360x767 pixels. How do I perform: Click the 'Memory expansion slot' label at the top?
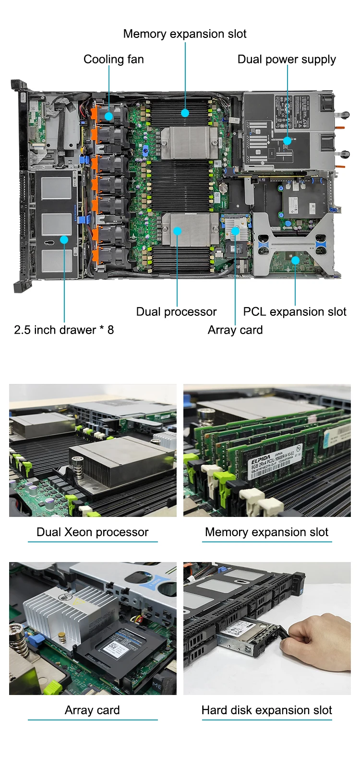pos(184,34)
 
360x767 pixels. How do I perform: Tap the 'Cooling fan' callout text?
pos(114,60)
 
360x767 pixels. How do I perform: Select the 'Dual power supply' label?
pos(287,60)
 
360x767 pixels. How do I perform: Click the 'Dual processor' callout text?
pos(176,312)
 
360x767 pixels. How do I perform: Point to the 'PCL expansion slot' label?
pos(294,312)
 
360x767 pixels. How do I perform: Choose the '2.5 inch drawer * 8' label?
pos(64,330)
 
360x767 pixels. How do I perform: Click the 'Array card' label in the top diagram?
pos(235,330)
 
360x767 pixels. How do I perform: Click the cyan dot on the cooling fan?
pos(109,116)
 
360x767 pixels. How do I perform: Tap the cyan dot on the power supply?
pos(287,141)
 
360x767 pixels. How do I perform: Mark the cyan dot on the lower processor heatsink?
pos(177,231)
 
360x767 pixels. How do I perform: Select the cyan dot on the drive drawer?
pos(64,239)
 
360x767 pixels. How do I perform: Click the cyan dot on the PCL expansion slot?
pos(295,260)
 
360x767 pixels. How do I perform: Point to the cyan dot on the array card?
pos(235,231)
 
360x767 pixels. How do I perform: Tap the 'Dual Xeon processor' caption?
pos(93,532)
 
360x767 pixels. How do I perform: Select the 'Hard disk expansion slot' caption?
pos(266,710)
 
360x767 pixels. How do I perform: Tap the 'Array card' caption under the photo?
pos(92,710)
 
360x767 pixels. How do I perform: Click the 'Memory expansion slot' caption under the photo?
pos(266,532)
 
